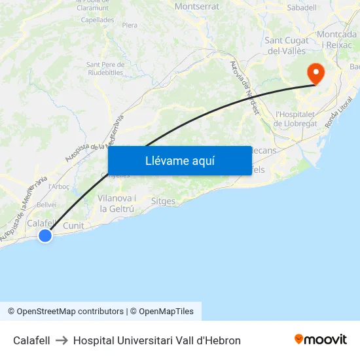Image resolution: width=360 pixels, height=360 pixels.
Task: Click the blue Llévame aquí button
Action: click(179, 160)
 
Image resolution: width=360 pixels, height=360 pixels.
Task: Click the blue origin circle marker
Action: click(45, 235)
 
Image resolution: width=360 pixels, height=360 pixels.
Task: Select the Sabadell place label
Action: click(302, 8)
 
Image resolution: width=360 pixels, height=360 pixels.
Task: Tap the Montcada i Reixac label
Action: click(336, 39)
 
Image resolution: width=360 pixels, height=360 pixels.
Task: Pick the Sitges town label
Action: click(163, 202)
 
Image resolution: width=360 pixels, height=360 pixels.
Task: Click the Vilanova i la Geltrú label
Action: click(117, 204)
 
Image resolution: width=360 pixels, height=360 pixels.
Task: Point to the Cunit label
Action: click(73, 225)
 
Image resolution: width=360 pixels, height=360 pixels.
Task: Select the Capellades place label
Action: click(98, 20)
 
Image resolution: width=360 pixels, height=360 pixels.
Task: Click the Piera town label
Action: click(130, 25)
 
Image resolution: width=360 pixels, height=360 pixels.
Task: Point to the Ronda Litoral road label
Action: click(338, 113)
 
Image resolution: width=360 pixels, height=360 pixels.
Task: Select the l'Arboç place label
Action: click(59, 187)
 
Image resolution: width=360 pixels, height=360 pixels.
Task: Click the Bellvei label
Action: click(46, 205)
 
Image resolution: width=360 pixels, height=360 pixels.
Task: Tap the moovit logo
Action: click(320, 340)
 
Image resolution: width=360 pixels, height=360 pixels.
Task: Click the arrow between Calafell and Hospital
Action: click(62, 340)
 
